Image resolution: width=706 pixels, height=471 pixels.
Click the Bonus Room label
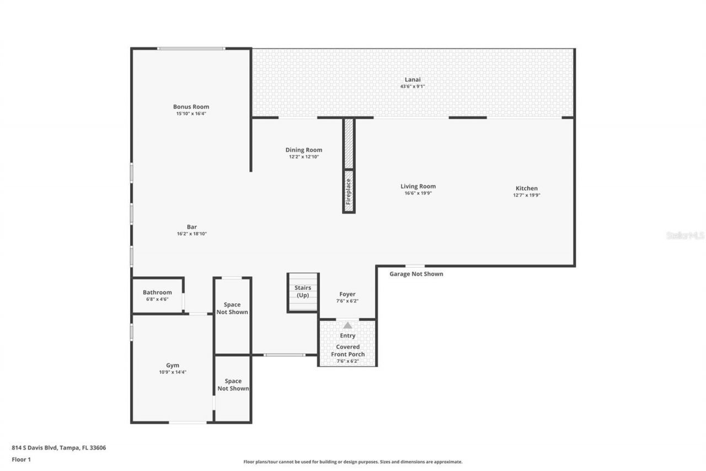(191, 107)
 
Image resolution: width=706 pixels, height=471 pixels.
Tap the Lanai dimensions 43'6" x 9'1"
(413, 87)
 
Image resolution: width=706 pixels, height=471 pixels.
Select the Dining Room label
(303, 150)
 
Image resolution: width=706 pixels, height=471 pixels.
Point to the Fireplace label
(349, 191)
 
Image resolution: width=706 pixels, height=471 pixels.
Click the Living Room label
(418, 186)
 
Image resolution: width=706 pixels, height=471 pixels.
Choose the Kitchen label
(526, 188)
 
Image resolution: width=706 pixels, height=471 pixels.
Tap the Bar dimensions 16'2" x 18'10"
(191, 234)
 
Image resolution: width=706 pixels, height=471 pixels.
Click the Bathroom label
(157, 292)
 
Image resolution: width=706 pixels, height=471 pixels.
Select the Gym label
(173, 365)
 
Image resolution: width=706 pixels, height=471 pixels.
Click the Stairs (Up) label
(303, 291)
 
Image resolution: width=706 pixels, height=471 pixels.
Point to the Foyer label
(347, 294)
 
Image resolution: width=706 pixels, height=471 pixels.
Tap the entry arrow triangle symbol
(347, 326)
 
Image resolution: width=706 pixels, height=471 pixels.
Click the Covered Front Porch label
(347, 351)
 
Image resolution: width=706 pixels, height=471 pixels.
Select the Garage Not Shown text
(416, 274)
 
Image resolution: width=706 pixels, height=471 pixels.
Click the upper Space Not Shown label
(232, 308)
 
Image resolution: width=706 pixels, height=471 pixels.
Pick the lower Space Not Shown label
(233, 384)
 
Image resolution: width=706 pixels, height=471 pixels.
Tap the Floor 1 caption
(21, 459)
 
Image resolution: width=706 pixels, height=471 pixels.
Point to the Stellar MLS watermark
(685, 235)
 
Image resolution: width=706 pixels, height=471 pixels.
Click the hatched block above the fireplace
(349, 144)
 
